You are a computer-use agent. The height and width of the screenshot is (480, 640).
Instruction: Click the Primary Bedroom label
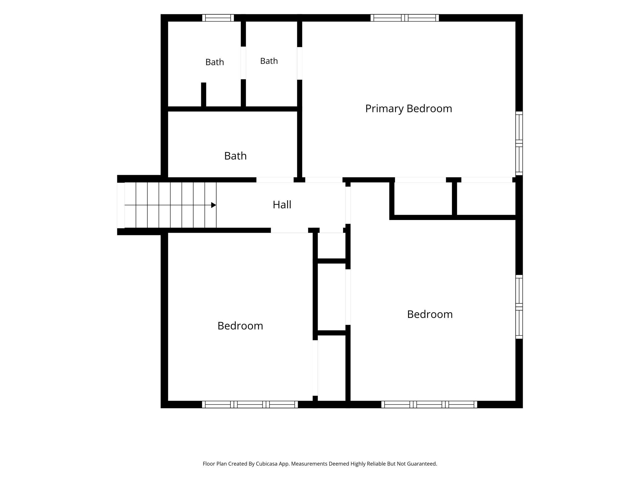[x=409, y=109]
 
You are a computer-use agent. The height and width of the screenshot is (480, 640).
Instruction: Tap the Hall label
[x=282, y=205]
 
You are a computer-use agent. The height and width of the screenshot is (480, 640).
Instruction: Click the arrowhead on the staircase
[x=214, y=205]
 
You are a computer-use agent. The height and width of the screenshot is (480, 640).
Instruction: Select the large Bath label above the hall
[x=235, y=156]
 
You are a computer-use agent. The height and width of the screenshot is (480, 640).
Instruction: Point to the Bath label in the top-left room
[x=214, y=62]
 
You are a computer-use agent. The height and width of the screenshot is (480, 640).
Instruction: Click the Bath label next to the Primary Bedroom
[x=269, y=61]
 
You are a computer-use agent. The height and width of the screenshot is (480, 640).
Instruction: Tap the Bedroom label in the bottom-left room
[x=240, y=326]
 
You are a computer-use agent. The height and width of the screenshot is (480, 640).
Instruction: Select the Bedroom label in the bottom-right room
[x=430, y=314]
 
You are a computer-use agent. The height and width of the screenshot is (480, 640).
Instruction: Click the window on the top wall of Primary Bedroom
[x=405, y=18]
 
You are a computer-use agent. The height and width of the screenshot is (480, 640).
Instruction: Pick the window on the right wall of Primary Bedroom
[x=519, y=143]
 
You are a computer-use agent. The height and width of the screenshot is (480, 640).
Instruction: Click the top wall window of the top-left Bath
[x=218, y=18]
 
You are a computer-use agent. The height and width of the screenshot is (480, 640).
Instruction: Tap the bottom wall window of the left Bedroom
[x=250, y=404]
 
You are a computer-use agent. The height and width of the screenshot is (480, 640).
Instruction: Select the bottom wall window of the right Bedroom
[x=429, y=404]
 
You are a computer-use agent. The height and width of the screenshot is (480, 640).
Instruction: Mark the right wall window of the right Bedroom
[x=519, y=307]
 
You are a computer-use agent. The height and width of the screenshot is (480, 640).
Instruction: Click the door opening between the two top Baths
[x=243, y=63]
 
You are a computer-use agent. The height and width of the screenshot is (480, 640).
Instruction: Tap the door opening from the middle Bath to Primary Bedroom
[x=300, y=63]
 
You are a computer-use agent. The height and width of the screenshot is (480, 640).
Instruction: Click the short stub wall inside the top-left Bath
[x=203, y=94]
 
